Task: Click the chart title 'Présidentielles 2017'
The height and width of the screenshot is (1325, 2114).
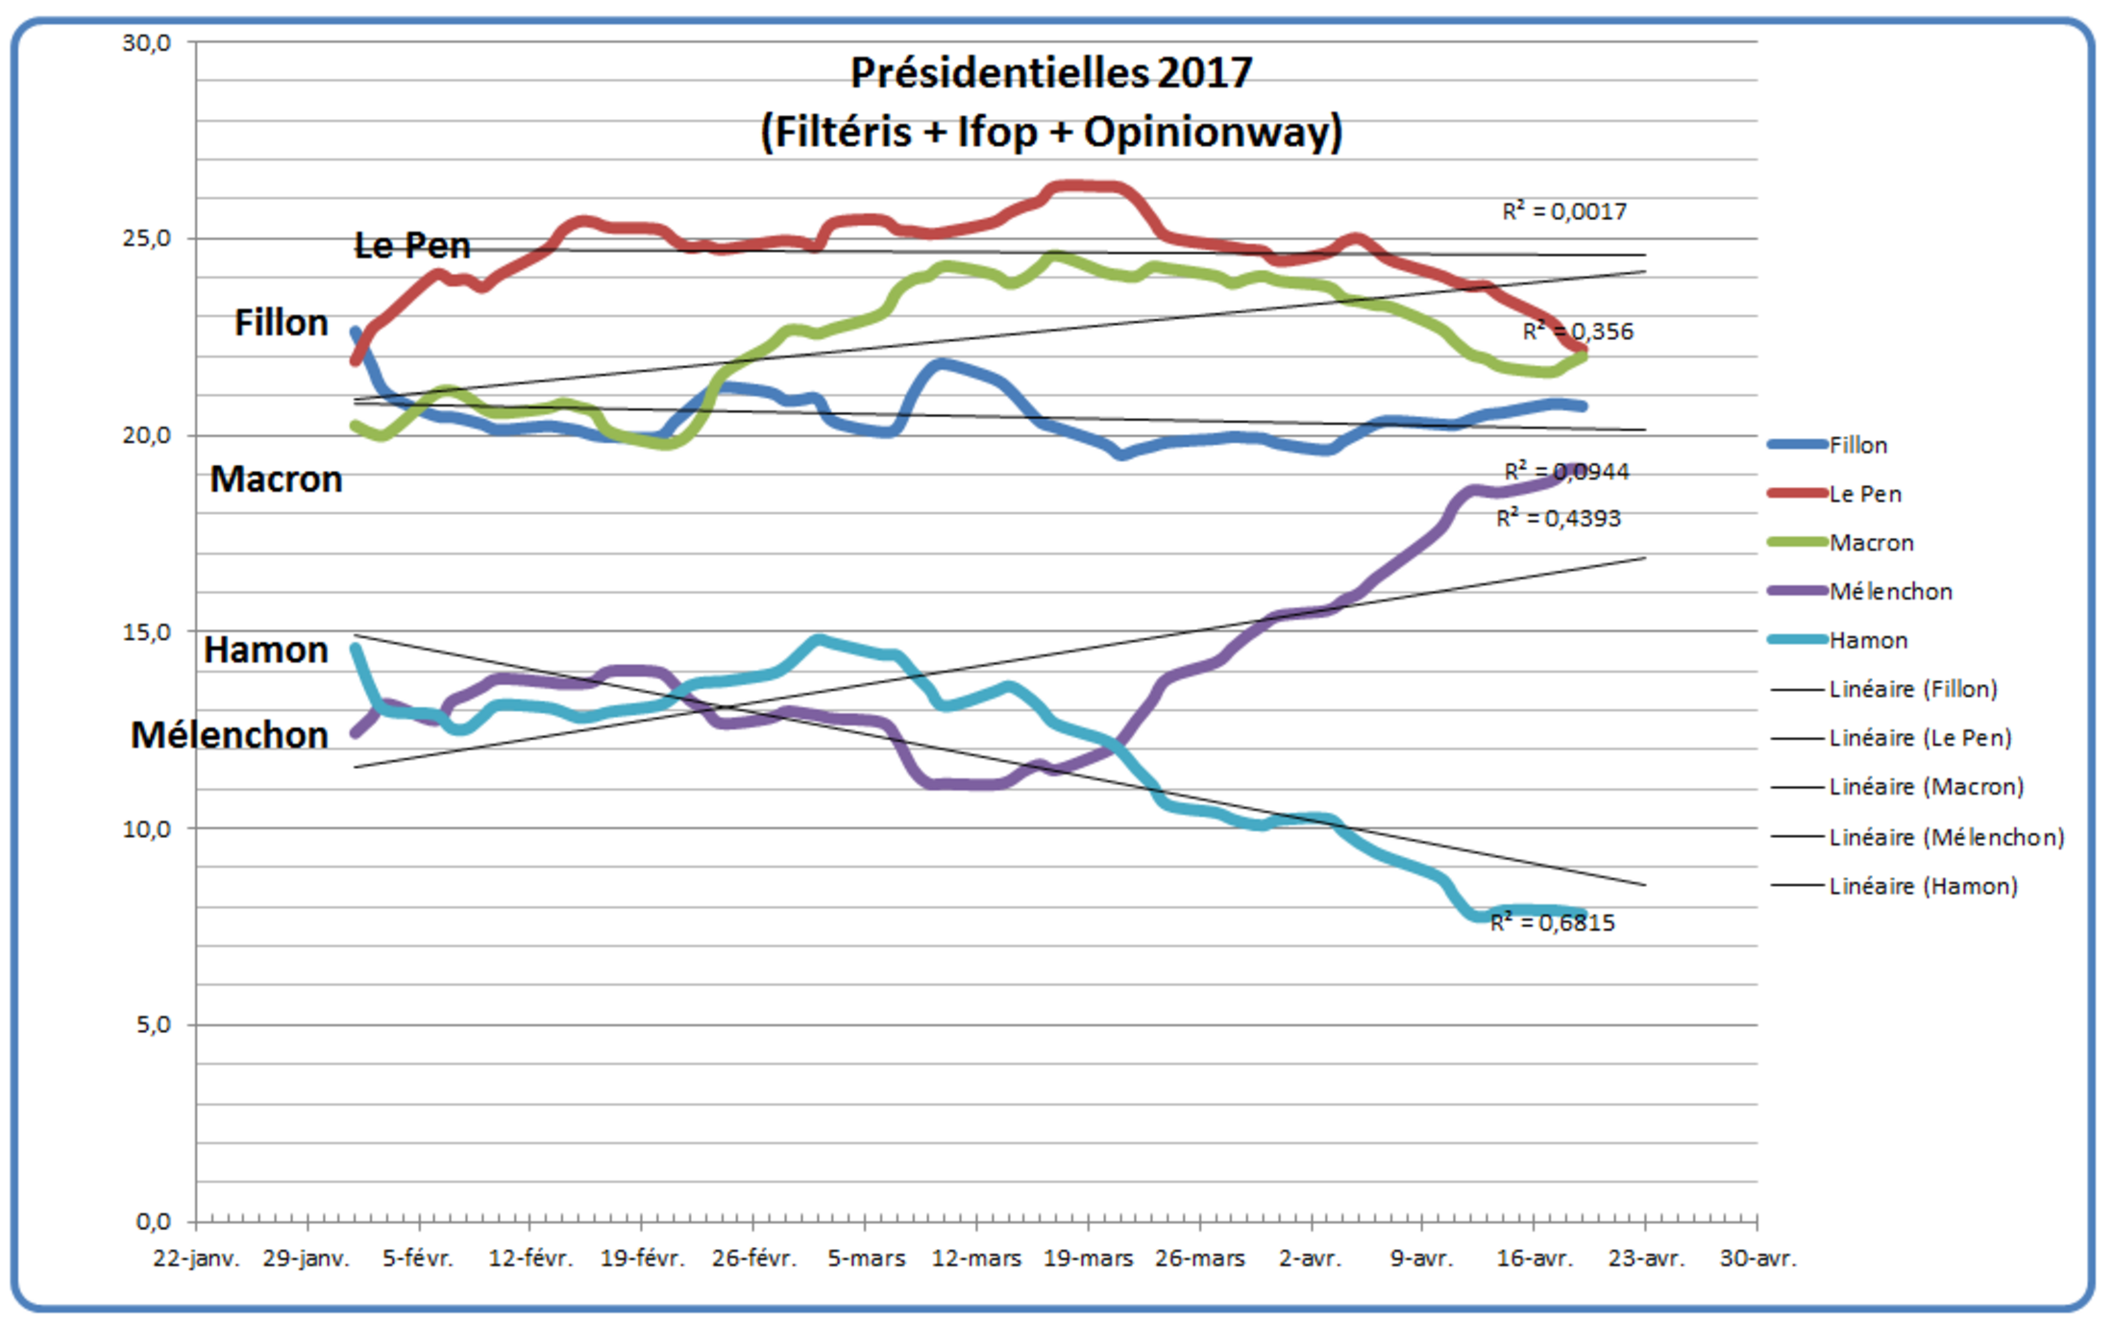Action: [1051, 73]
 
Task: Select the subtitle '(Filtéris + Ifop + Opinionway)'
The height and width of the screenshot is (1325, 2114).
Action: [1051, 132]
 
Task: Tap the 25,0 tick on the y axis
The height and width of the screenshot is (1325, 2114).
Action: [147, 238]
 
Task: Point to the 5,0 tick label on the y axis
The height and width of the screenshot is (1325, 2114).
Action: [153, 1025]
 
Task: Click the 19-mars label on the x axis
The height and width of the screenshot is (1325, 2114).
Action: [1088, 1258]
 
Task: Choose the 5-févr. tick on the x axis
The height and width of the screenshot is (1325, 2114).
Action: [418, 1258]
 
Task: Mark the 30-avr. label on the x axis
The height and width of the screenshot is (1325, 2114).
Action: [1758, 1258]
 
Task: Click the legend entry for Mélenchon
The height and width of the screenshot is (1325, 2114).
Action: [1890, 592]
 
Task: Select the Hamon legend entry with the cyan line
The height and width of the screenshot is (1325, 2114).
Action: [1868, 641]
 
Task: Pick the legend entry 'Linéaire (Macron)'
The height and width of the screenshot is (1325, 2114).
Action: [1926, 787]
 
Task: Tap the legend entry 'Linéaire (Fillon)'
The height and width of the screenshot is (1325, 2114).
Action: [1912, 689]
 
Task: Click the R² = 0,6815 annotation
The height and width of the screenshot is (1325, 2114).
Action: [1553, 922]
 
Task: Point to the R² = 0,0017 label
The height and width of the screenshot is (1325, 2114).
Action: [1564, 211]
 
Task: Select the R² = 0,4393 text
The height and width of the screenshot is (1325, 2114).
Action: [1559, 519]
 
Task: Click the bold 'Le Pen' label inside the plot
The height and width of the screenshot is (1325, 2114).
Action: [412, 246]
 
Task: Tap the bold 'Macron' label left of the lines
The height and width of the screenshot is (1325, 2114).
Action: [277, 479]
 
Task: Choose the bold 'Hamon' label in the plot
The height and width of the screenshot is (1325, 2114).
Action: [266, 650]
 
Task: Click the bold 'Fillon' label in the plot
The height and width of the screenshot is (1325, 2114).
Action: [282, 323]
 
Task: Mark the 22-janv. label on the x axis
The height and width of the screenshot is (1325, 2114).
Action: [196, 1258]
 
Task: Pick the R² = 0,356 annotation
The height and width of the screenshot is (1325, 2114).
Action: [1578, 332]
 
